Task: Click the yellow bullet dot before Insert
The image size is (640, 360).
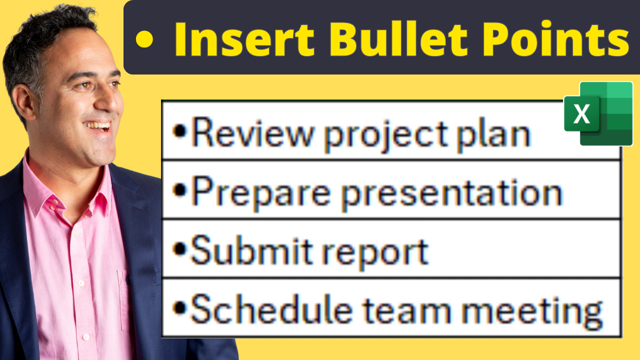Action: (x=144, y=39)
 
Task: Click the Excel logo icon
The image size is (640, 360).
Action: (x=598, y=113)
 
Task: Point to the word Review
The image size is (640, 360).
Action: (x=252, y=133)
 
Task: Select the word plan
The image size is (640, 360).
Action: (x=493, y=135)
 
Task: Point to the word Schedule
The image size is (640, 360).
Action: (x=271, y=309)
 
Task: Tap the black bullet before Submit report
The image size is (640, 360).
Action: (x=180, y=249)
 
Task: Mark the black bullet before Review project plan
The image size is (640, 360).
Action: (x=180, y=131)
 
